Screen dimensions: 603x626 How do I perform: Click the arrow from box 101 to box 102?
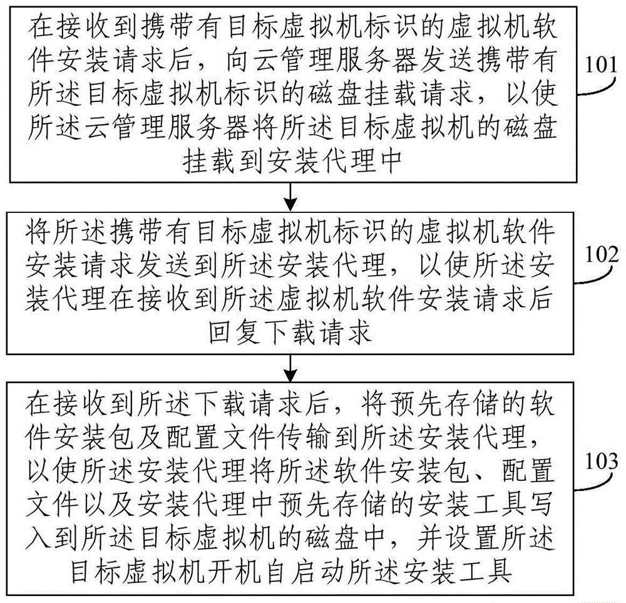[x=290, y=195]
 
